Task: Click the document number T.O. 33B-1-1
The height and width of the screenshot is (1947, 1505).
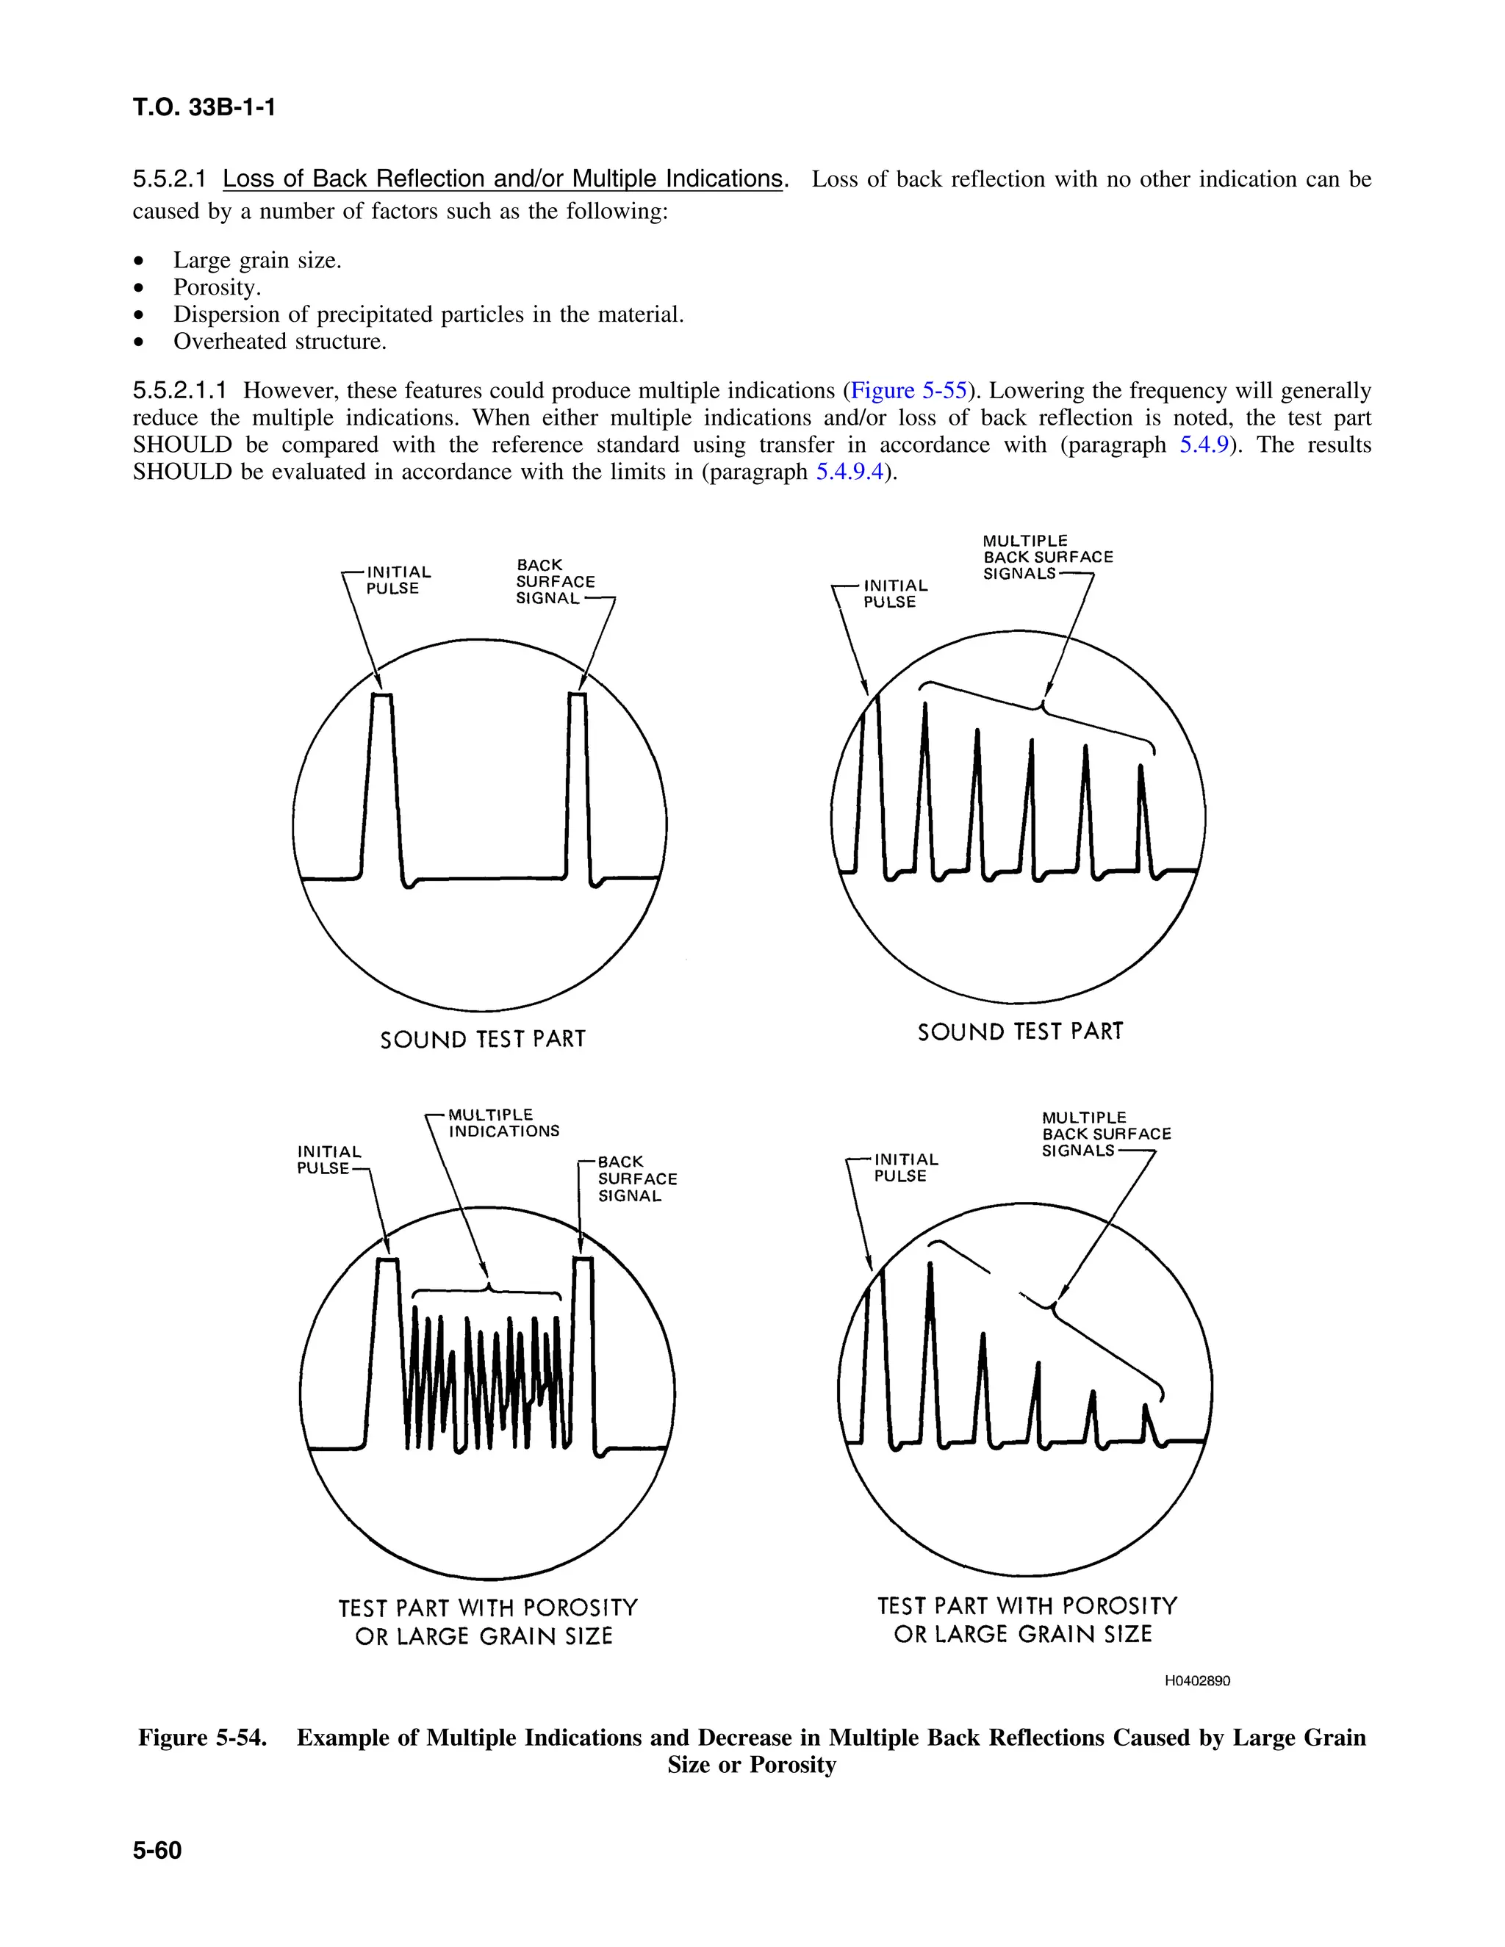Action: (204, 108)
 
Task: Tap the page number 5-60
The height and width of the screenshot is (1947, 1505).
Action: (157, 1851)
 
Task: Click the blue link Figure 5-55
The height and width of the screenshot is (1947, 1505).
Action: (908, 390)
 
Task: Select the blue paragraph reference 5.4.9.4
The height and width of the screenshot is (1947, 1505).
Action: (850, 472)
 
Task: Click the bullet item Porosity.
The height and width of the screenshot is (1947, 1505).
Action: (217, 287)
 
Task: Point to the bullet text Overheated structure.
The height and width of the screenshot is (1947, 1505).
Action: (279, 342)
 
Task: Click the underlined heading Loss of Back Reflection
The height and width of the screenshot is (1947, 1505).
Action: (502, 179)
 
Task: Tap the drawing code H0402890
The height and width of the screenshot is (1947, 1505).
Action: (1197, 1680)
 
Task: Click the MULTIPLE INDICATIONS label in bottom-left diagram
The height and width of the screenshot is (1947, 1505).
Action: (503, 1123)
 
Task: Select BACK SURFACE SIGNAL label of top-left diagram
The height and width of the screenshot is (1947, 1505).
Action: (555, 581)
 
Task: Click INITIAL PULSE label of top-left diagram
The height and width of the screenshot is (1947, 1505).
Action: (398, 580)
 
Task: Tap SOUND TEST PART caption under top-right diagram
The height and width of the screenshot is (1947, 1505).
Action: (1020, 1032)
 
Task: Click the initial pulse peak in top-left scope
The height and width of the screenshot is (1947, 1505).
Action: (381, 697)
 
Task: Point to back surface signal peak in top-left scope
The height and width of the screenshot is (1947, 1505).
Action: (578, 697)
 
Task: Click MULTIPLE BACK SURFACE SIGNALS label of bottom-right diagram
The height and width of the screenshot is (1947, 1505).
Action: (1105, 1134)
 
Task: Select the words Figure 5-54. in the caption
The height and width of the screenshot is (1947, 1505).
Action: (202, 1738)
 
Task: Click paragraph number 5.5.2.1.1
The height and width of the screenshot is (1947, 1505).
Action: (179, 390)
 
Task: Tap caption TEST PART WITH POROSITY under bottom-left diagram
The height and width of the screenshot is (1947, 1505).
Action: (488, 1608)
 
